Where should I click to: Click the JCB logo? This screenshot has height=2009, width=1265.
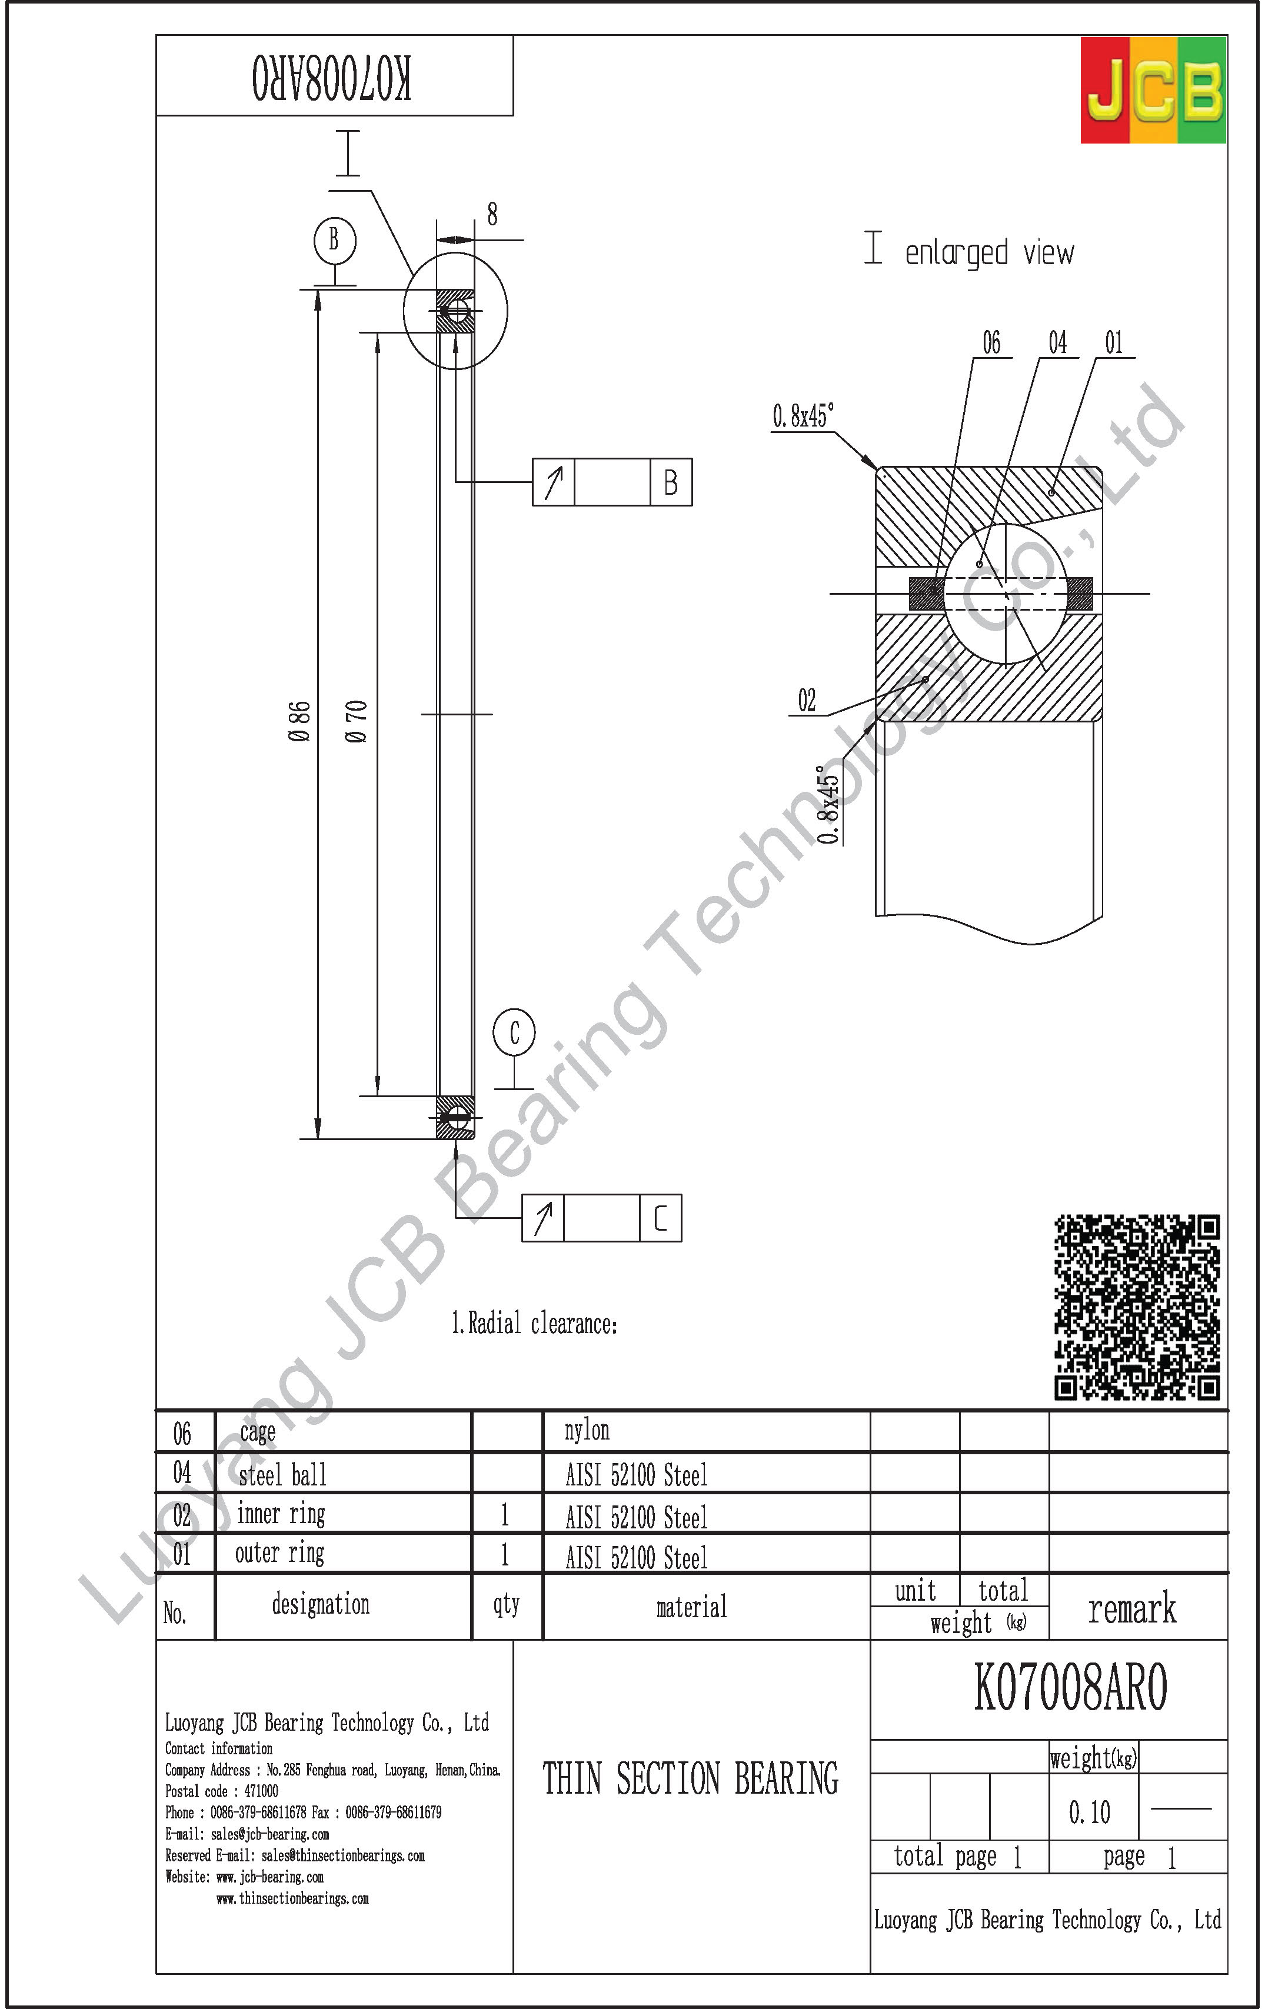click(1153, 90)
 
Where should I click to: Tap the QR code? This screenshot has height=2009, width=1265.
click(1137, 1307)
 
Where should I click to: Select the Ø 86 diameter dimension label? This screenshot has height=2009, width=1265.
click(299, 722)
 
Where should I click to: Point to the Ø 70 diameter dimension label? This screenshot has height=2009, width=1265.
click(355, 722)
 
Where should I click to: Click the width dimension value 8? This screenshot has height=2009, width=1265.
click(492, 214)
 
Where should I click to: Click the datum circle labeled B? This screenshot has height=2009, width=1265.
click(335, 240)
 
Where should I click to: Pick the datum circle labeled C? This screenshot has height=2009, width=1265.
click(514, 1033)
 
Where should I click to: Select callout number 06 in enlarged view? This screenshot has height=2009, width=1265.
click(991, 342)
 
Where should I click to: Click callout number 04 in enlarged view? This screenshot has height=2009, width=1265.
click(1057, 342)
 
